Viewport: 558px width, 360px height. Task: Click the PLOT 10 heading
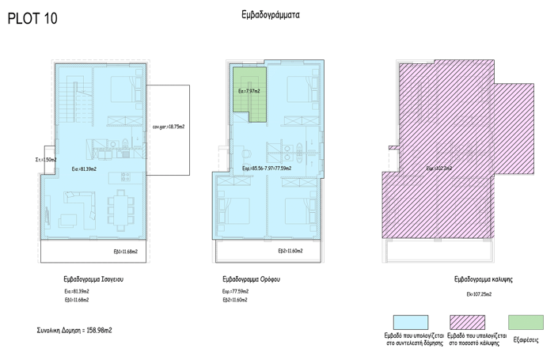point(32,18)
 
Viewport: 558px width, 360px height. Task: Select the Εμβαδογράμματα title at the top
point(271,14)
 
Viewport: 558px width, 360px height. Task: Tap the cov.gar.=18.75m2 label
point(168,126)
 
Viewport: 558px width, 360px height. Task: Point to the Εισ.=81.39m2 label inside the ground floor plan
point(84,169)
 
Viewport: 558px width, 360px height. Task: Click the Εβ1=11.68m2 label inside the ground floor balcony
point(126,251)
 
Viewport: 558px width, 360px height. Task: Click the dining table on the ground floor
point(122,207)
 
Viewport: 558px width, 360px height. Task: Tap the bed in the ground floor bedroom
point(120,89)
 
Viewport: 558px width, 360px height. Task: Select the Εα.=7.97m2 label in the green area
point(249,91)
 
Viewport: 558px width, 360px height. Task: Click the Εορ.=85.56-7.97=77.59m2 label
point(267,169)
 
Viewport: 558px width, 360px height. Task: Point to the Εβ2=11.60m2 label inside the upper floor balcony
point(290,251)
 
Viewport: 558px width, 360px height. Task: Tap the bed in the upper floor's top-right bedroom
point(298,88)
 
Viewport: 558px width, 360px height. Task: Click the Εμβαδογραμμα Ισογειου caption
point(93,279)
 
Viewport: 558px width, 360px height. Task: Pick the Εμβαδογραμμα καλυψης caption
point(484,279)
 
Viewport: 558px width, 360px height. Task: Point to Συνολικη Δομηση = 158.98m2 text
point(74,328)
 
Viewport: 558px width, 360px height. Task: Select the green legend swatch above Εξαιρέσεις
point(526,322)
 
